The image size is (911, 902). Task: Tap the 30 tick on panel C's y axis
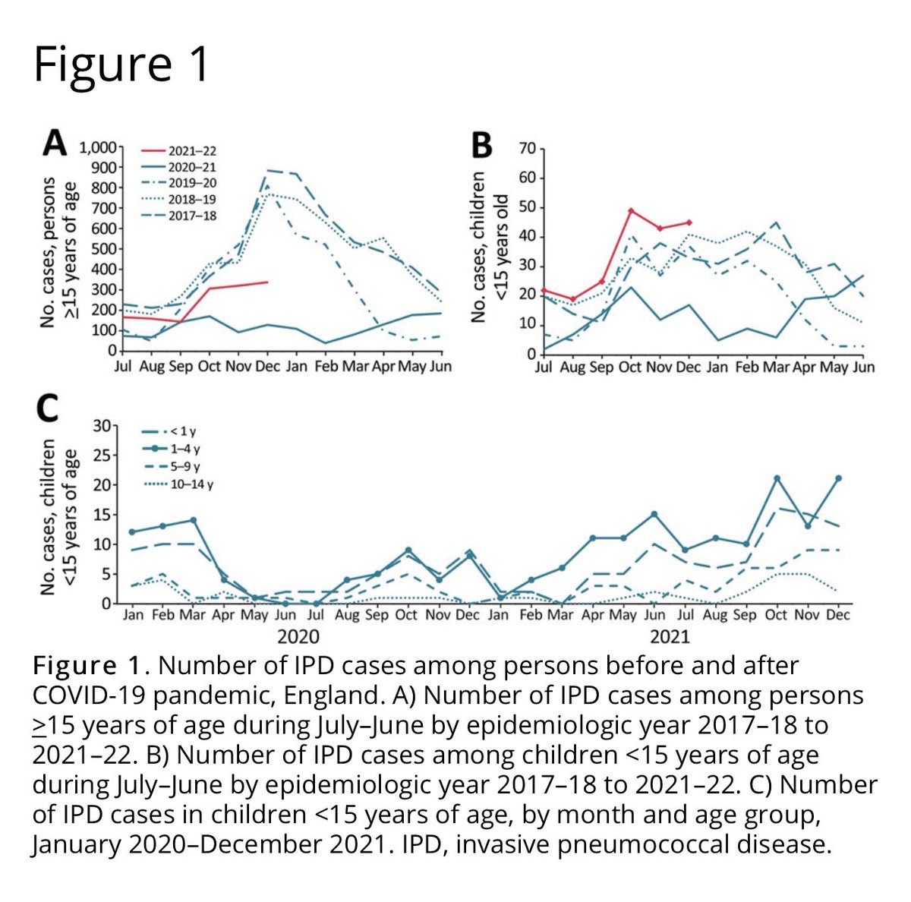tap(100, 426)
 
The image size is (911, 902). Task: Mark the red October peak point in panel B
tap(631, 210)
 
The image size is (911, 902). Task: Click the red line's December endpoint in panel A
tap(267, 282)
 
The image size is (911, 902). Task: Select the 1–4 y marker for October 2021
tap(776, 478)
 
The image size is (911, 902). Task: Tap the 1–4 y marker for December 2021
tap(837, 478)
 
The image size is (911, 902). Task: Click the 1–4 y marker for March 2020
tap(193, 520)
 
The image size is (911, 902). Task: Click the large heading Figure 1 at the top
tap(121, 64)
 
